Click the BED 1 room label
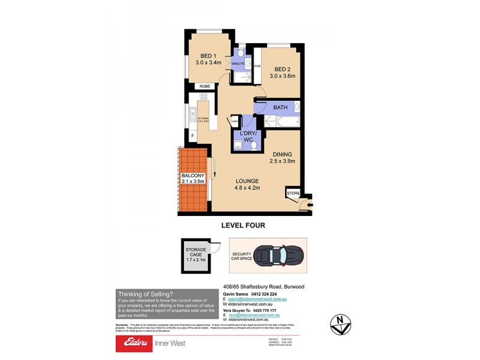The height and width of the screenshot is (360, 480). (208, 56)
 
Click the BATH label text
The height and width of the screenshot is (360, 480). (280, 107)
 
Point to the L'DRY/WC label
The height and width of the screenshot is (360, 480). (248, 136)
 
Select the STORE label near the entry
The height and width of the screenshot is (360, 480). (293, 193)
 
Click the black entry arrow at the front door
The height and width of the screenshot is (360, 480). (308, 206)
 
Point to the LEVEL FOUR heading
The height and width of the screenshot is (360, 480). (244, 226)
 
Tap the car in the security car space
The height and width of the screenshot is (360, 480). (280, 256)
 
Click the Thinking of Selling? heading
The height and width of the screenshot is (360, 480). (145, 293)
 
